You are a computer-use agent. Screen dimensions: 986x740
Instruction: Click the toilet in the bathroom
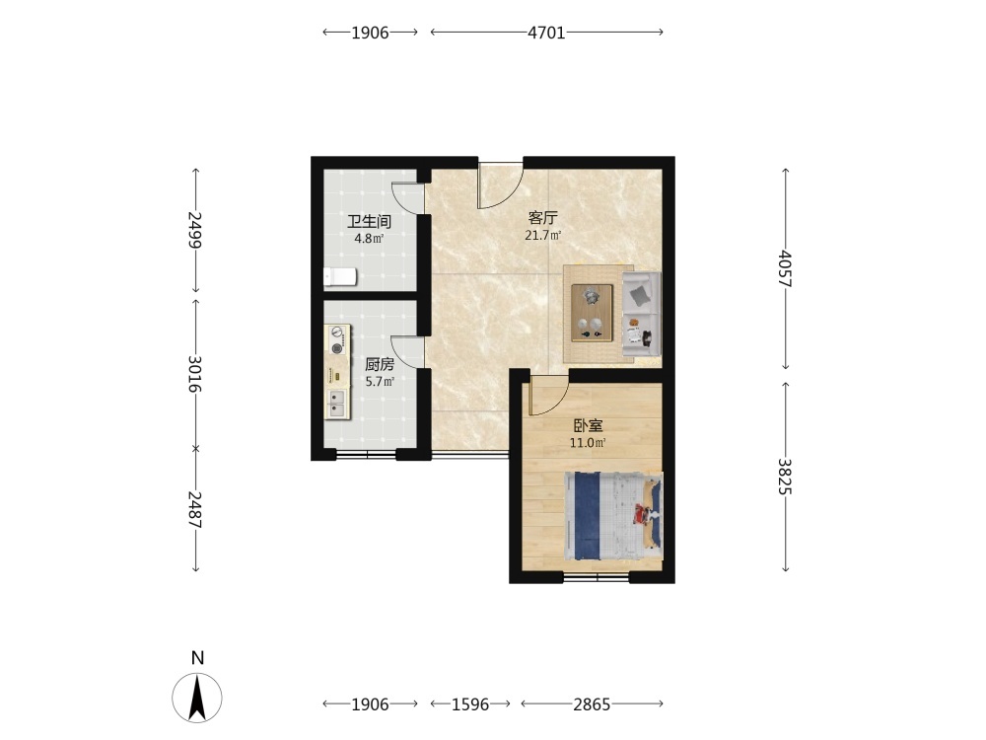(x=339, y=276)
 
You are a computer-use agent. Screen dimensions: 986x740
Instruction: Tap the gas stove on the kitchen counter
(x=337, y=340)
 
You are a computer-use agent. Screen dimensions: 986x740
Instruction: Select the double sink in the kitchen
(x=337, y=404)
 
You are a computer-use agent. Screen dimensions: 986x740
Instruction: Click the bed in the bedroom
(x=613, y=515)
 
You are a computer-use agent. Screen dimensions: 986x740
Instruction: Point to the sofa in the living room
(x=642, y=315)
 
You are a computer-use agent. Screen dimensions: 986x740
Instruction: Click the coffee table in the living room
(x=592, y=313)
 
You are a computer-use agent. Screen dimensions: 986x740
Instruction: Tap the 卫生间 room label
(x=370, y=221)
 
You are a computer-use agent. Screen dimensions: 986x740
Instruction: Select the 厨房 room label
(x=380, y=364)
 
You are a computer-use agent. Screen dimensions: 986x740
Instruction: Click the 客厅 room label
(x=542, y=218)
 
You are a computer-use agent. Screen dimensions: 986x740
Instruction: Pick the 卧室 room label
(x=588, y=426)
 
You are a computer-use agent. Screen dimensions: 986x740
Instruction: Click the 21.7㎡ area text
(x=542, y=236)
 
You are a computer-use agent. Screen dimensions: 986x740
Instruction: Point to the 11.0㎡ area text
(x=588, y=443)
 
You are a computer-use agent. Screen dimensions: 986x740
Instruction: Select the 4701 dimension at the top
(x=546, y=33)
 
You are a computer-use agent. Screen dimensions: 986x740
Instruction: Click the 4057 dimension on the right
(x=786, y=268)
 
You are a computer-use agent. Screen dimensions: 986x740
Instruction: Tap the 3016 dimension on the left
(x=195, y=374)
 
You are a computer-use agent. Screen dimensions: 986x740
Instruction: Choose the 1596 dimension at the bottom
(x=470, y=704)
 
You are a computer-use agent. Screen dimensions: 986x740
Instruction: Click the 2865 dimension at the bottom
(x=592, y=704)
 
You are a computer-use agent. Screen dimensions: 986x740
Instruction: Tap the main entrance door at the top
(x=501, y=185)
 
